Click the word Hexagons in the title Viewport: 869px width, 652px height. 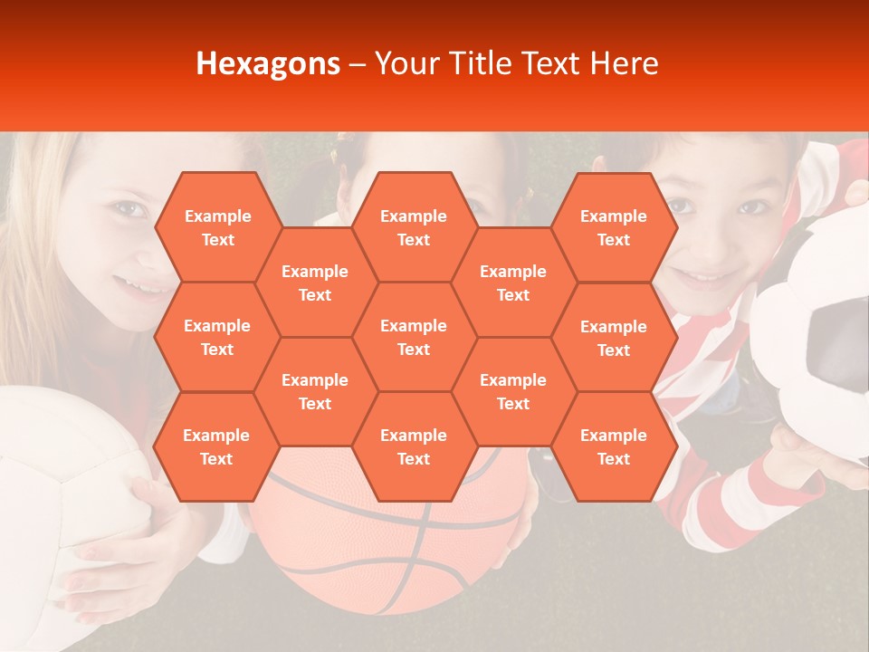[268, 63]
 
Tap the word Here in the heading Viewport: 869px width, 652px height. [624, 63]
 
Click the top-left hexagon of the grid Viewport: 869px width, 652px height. [217, 227]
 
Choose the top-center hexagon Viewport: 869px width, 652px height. [414, 227]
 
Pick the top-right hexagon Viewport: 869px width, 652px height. [614, 227]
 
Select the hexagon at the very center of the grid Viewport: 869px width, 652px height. [414, 337]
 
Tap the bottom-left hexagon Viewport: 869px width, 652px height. [216, 446]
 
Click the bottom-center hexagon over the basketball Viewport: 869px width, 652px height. [414, 446]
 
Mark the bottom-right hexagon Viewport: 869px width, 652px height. [614, 446]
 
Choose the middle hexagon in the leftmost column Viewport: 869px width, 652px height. [217, 337]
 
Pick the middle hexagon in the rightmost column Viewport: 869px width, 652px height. [614, 338]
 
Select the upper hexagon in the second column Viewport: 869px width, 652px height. [315, 283]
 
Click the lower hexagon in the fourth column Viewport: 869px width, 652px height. [513, 391]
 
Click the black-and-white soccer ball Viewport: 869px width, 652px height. [819, 335]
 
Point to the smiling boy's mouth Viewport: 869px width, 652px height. [711, 276]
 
